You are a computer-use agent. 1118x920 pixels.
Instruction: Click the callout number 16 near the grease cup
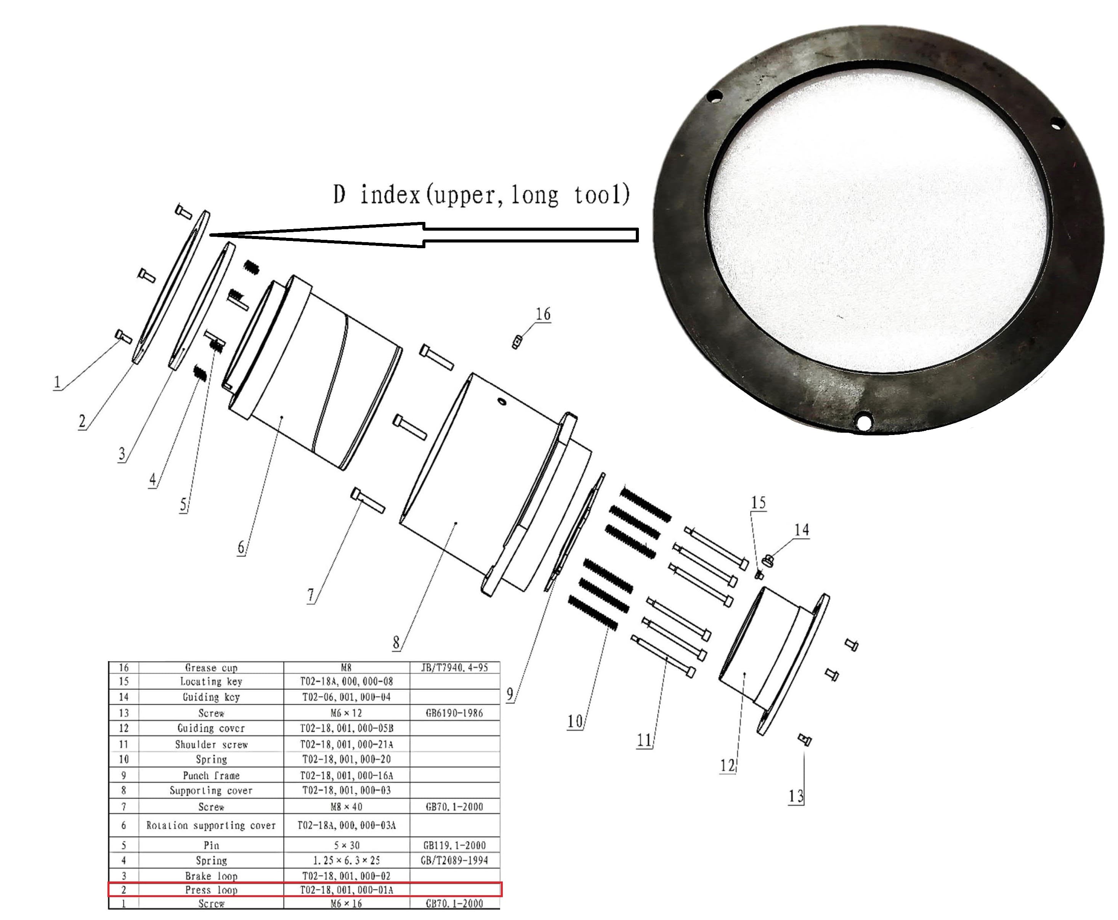[x=542, y=314]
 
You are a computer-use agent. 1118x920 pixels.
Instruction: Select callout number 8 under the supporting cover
[x=396, y=642]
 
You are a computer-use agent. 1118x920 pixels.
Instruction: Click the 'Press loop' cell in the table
[x=211, y=890]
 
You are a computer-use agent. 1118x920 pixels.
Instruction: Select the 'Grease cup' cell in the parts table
[x=211, y=668]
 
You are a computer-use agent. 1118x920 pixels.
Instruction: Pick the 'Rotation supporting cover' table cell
[x=211, y=825]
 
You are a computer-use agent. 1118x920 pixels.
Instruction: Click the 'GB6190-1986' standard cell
[x=454, y=713]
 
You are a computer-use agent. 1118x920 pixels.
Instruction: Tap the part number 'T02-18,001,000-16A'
[x=346, y=775]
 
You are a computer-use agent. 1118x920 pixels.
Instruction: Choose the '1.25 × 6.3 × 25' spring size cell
[x=346, y=860]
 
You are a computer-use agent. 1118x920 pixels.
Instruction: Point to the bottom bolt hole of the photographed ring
[x=864, y=422]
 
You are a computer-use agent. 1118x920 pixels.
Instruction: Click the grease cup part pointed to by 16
[x=516, y=342]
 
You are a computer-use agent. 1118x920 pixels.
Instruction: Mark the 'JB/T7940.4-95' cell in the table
[x=454, y=668]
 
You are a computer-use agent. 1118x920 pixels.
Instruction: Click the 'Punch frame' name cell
[x=211, y=775]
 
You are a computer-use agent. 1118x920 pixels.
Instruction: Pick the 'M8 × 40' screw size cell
[x=346, y=807]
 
